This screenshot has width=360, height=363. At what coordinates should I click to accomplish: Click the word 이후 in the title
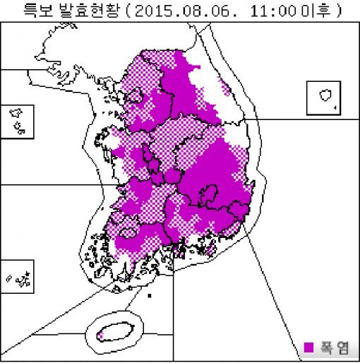320,12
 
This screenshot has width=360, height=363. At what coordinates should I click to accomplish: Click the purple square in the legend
308,347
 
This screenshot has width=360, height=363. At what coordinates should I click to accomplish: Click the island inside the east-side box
325,95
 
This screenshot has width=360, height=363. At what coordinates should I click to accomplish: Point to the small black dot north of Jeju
149,294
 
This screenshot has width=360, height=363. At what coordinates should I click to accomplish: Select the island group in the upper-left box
18,120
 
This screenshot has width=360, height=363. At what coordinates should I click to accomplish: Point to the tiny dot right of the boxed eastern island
336,107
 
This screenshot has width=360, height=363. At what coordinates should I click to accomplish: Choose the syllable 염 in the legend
341,347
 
